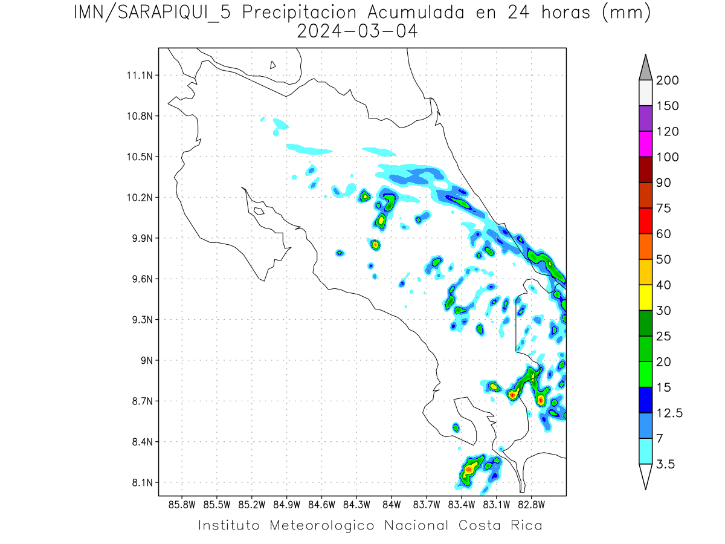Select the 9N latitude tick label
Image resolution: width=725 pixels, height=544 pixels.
[x=145, y=360]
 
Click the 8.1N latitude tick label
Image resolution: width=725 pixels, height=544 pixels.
[x=141, y=482]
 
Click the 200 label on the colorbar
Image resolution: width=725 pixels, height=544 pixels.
[x=667, y=80]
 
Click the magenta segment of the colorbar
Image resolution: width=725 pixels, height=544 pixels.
[x=645, y=144]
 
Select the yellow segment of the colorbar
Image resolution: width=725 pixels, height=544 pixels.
[x=645, y=297]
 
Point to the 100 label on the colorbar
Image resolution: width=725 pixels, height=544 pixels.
[x=667, y=157]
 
